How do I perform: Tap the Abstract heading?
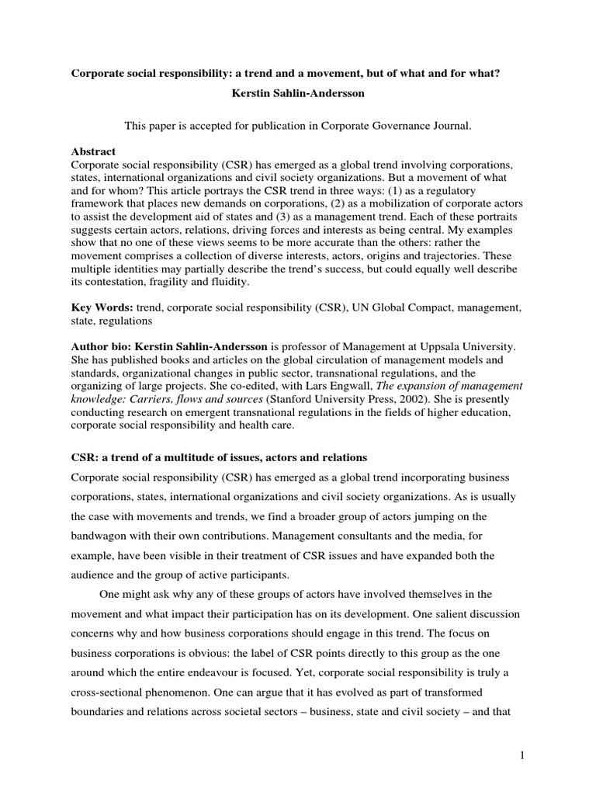pos(93,152)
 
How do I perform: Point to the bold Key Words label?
pos(101,309)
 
